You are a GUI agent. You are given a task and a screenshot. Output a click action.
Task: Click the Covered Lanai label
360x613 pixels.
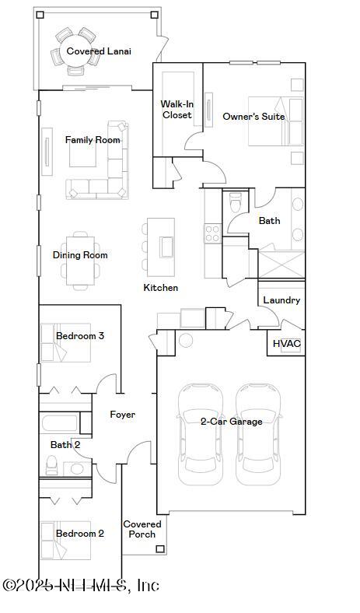pyautogui.click(x=98, y=51)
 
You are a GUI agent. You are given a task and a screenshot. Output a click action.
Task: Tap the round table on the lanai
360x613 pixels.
pyautogui.click(x=75, y=49)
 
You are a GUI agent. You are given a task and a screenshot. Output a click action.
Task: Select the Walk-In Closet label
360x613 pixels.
pyautogui.click(x=177, y=110)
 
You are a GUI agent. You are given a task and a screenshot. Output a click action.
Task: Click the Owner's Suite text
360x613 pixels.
pyautogui.click(x=253, y=117)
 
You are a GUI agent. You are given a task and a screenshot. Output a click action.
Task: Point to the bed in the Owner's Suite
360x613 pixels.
pyautogui.click(x=273, y=121)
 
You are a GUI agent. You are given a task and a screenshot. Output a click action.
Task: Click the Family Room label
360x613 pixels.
pyautogui.click(x=93, y=140)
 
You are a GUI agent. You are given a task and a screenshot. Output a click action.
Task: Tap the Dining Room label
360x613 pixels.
pyautogui.click(x=80, y=255)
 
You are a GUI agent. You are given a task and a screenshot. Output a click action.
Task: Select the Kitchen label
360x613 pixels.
pyautogui.click(x=161, y=288)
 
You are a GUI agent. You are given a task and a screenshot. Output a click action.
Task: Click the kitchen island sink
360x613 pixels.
pyautogui.click(x=166, y=247)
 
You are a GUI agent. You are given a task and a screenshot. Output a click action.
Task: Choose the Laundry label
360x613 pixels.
pyautogui.click(x=281, y=300)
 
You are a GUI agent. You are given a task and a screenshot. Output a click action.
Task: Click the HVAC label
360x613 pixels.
pyautogui.click(x=286, y=343)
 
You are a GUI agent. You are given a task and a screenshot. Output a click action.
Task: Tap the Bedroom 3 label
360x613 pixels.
pyautogui.click(x=80, y=336)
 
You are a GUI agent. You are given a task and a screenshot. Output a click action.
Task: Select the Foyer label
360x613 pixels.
pyautogui.click(x=122, y=415)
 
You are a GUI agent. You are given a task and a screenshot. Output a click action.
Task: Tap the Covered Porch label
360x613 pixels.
pyautogui.click(x=142, y=529)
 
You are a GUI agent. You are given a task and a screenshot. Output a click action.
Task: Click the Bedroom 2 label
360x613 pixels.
pyautogui.click(x=80, y=534)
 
